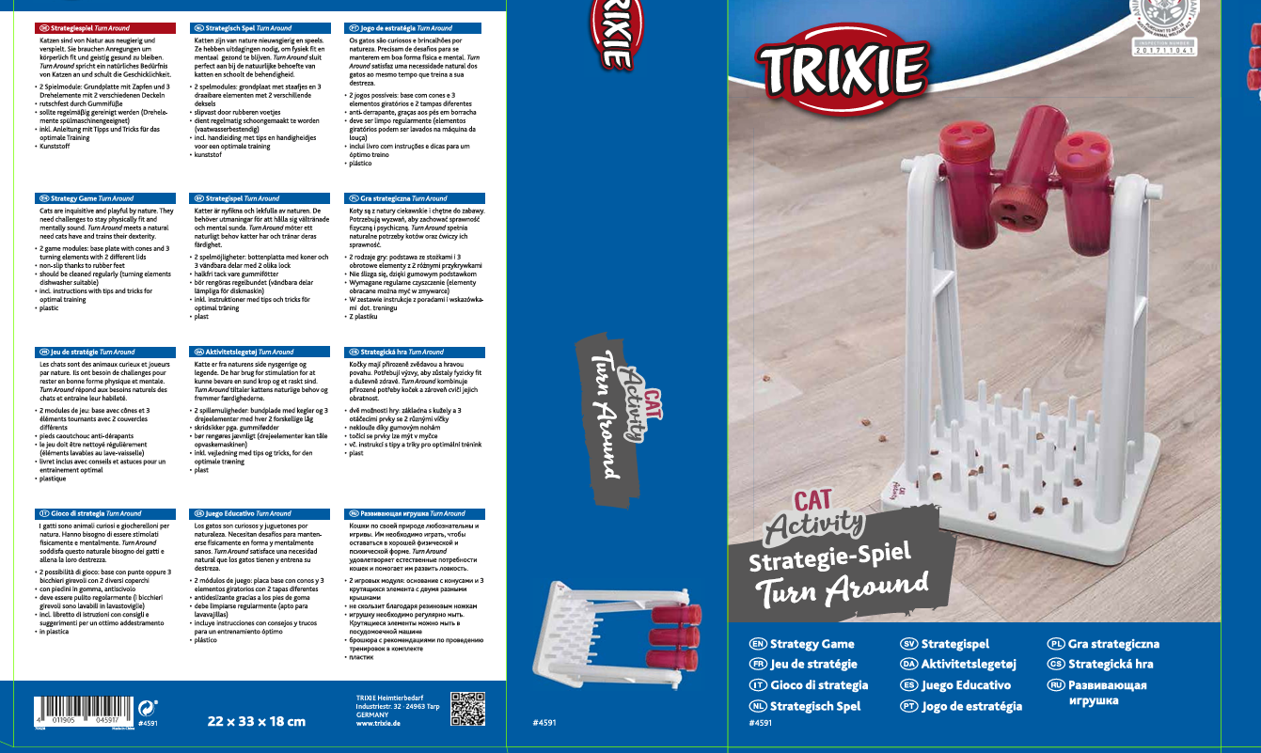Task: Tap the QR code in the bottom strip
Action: tap(467, 709)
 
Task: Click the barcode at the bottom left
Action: tap(82, 710)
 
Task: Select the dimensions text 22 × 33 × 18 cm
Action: tap(256, 722)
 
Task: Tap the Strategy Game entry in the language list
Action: tap(812, 644)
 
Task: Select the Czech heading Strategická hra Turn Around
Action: tap(402, 353)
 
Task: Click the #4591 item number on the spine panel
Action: tap(544, 722)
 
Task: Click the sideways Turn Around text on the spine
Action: tap(601, 414)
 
